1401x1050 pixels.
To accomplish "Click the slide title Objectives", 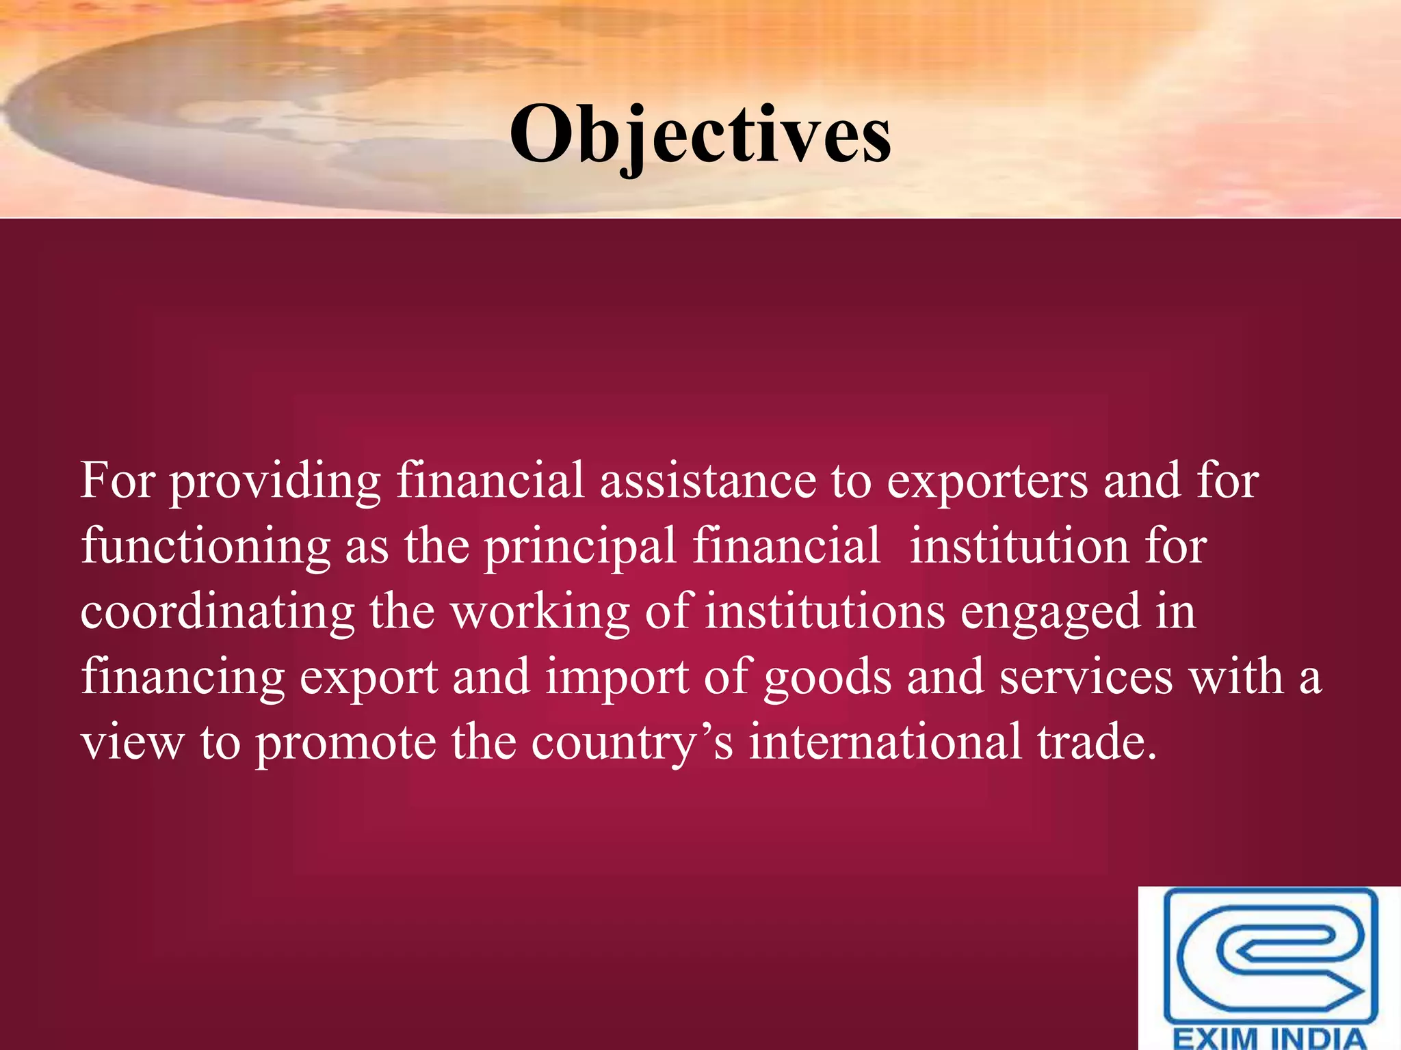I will tap(700, 135).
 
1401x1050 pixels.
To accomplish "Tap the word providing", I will tap(275, 482).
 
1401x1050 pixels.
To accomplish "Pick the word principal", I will tap(580, 547).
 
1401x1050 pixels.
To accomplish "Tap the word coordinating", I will tap(218, 611).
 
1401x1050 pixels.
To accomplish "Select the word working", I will tap(540, 611).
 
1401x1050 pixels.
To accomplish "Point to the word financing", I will tap(183, 677).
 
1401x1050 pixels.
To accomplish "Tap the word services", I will tap(1086, 677).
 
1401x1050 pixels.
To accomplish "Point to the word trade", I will tap(1097, 742).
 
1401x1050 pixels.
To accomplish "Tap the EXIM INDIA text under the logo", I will tap(1270, 1037).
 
